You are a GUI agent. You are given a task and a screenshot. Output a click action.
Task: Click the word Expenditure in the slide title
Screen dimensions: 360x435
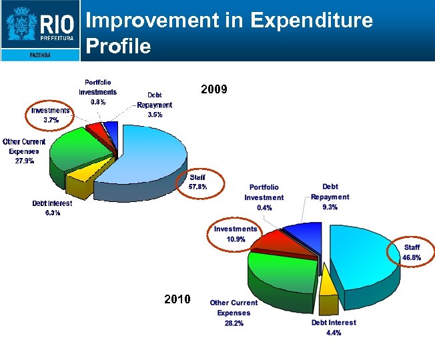[312, 21]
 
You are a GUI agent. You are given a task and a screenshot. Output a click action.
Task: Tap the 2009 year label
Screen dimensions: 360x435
[214, 89]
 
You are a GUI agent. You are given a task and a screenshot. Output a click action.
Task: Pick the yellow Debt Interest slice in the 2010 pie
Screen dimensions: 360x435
[328, 287]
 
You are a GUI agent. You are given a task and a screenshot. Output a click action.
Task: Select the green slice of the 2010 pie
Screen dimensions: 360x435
[280, 273]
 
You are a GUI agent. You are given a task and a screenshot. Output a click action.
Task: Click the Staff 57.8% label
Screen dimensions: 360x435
[197, 182]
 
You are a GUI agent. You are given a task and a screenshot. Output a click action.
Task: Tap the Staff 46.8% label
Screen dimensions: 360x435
[412, 252]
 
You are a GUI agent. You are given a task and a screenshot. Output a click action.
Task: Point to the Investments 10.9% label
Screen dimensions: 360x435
[235, 234]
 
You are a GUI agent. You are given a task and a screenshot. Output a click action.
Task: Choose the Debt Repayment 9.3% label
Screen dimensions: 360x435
[330, 197]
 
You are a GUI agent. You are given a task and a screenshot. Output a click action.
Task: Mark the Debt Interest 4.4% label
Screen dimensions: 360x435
[334, 327]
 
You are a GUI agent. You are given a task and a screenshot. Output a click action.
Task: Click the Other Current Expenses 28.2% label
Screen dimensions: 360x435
[234, 313]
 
